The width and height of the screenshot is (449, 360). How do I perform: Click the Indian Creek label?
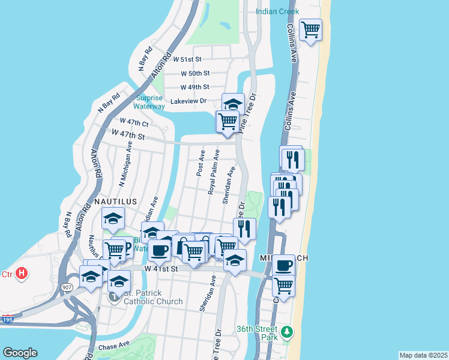click(x=277, y=11)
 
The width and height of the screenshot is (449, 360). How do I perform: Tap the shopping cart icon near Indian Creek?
click(x=310, y=29)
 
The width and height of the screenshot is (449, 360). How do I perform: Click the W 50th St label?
click(x=195, y=73)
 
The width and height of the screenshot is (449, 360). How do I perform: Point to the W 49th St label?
click(x=195, y=87)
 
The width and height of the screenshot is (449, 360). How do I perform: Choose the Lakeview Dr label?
click(x=188, y=101)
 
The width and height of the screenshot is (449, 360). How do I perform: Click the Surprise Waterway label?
click(x=149, y=102)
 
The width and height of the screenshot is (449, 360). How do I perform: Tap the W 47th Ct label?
click(x=134, y=124)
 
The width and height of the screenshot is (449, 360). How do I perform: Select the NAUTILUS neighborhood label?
click(x=116, y=202)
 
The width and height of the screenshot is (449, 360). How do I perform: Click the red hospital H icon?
click(x=22, y=274)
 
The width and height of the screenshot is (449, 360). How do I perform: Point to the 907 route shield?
click(x=65, y=288)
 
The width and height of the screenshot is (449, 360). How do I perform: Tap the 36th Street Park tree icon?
click(x=288, y=331)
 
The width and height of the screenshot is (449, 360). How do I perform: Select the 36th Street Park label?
click(x=256, y=333)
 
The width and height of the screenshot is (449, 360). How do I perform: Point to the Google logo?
click(x=20, y=353)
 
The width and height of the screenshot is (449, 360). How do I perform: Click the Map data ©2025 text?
click(x=423, y=355)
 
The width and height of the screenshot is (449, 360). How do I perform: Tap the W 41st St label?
click(x=161, y=269)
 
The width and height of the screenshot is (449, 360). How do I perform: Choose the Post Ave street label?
click(x=200, y=163)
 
